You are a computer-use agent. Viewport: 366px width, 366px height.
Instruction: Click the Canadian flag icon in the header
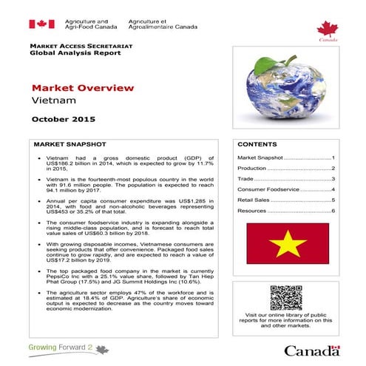[x=41, y=24]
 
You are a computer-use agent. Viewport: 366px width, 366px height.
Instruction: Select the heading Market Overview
[x=83, y=88]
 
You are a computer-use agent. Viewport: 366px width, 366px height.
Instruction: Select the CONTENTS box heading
[x=258, y=144]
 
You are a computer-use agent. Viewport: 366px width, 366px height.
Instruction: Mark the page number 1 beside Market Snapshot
[x=333, y=158]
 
